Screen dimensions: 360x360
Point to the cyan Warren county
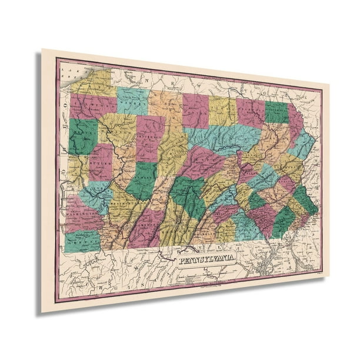pos(132,101)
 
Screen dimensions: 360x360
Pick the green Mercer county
pos(82,135)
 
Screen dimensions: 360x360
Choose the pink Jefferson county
pos(150,138)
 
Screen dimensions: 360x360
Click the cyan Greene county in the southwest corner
pos(82,240)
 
